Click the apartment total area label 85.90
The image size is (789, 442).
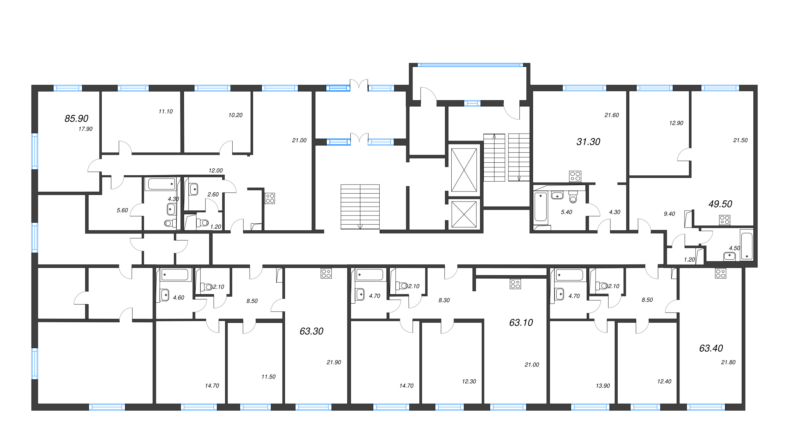tap(76, 118)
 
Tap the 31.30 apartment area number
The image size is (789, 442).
tap(588, 142)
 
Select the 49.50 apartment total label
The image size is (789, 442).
tap(720, 204)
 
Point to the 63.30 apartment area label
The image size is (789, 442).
tap(311, 331)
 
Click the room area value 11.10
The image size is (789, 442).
tap(166, 112)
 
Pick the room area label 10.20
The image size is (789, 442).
tap(235, 115)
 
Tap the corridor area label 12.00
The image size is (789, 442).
tap(216, 171)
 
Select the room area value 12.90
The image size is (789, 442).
tap(676, 123)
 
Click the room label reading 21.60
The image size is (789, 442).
tap(612, 115)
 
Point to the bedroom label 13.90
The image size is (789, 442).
tap(603, 386)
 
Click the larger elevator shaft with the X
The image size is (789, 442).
tap(464, 170)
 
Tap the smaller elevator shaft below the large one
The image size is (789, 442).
tap(464, 215)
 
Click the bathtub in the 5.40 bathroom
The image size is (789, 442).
tap(540, 207)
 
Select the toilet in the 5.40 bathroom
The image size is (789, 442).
tap(573, 197)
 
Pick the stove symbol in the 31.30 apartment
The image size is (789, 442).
tap(575, 176)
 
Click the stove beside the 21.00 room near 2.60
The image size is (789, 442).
tap(270, 198)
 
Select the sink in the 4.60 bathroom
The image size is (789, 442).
tap(165, 295)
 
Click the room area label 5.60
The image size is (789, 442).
tap(122, 210)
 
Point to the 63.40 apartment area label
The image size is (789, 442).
tap(711, 348)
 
